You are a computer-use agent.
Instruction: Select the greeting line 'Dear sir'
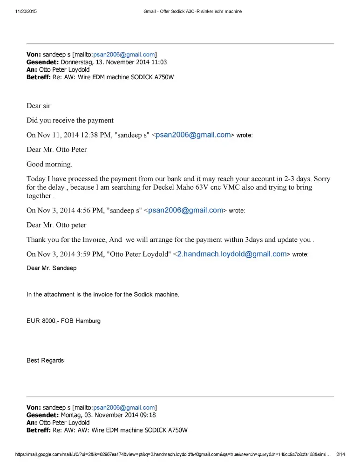38,106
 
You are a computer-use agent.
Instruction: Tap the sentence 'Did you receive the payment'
70,120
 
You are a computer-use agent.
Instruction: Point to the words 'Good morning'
49,164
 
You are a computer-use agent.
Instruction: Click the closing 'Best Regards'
45,360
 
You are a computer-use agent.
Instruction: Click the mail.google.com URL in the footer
172,455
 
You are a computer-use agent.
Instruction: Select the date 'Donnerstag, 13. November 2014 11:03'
114,62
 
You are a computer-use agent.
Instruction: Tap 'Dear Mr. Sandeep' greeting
51,268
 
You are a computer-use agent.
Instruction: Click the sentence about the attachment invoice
102,295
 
